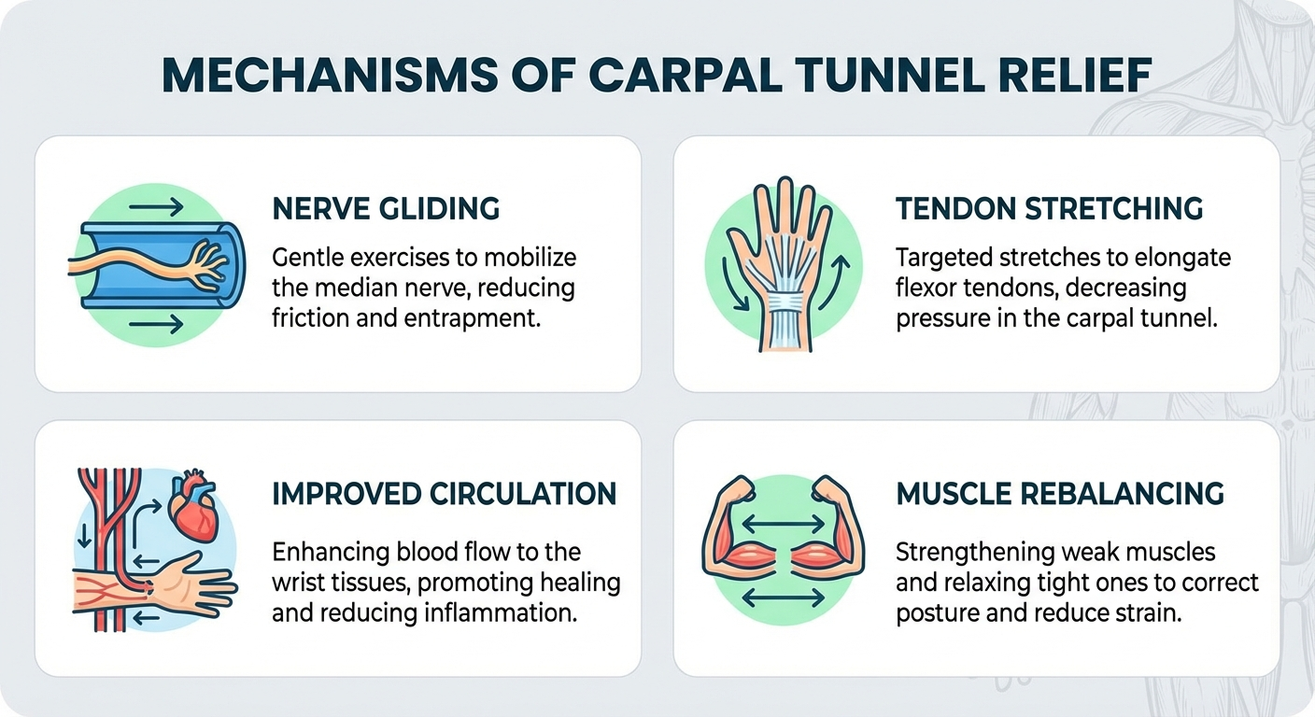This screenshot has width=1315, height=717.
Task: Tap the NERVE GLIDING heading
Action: (x=386, y=209)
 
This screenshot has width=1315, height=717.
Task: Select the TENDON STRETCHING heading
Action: (x=1050, y=209)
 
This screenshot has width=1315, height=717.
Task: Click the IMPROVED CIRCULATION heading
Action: (x=444, y=494)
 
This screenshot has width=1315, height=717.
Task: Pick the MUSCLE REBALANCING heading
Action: (x=1060, y=494)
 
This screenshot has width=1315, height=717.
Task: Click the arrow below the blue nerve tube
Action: (x=157, y=325)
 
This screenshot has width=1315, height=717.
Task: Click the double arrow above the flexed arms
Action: (x=783, y=525)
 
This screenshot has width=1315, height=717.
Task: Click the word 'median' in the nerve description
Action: (x=349, y=287)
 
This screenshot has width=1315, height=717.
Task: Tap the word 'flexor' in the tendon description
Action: (x=925, y=287)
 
